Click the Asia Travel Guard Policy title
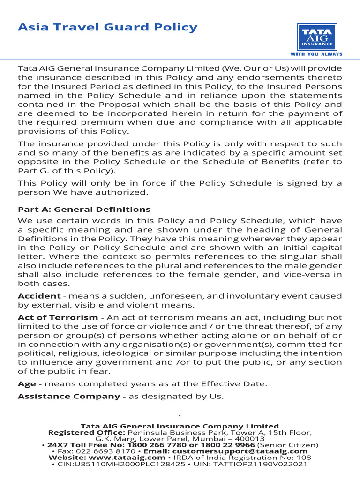tap(107, 27)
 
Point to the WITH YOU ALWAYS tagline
tap(316, 54)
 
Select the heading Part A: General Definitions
tap(84, 210)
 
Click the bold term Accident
tap(39, 296)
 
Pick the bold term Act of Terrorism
tap(58, 318)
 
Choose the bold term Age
tap(26, 384)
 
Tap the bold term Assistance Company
tap(68, 397)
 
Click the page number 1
tap(180, 418)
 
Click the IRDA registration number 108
tap(305, 457)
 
